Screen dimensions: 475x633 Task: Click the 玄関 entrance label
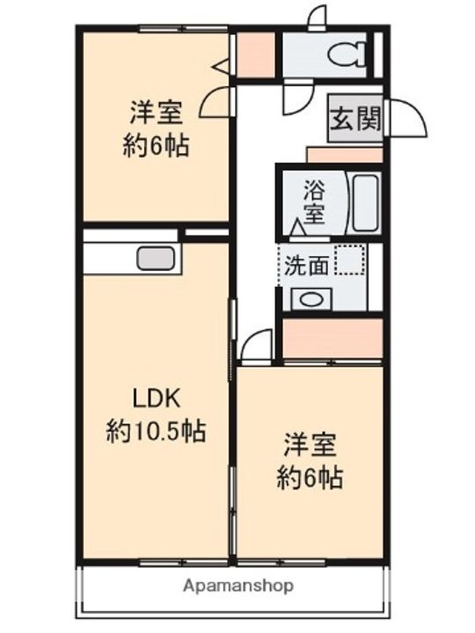(356, 119)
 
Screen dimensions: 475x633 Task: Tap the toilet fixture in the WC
(347, 55)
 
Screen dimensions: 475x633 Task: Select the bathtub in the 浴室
(366, 203)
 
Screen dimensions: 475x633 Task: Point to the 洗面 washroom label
(306, 266)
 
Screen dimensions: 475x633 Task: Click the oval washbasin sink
(311, 300)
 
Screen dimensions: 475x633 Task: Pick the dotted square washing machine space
(351, 259)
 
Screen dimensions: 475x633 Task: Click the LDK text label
(156, 400)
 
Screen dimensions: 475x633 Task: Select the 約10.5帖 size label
(156, 432)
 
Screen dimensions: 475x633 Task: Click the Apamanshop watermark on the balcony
(238, 586)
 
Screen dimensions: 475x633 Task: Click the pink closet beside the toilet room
(255, 55)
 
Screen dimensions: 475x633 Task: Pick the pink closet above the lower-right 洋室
(332, 338)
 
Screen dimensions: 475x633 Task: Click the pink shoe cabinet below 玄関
(345, 155)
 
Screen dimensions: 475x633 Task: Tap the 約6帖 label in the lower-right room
(310, 479)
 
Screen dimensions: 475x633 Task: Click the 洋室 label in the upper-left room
(156, 114)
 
